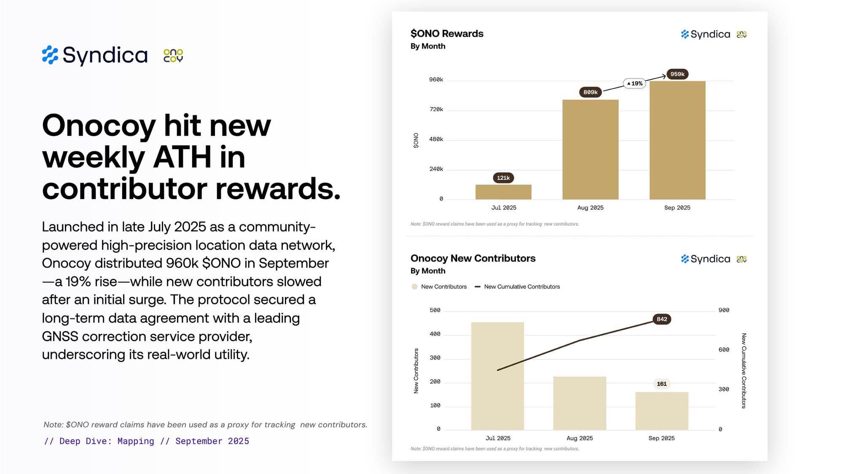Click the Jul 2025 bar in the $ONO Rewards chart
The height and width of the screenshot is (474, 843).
503,192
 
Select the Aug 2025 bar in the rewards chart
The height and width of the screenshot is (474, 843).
590,150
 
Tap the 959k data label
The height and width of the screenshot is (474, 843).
677,74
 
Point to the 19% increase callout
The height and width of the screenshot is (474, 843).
634,83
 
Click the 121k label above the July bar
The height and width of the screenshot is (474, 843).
503,178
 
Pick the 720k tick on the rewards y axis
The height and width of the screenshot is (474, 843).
436,110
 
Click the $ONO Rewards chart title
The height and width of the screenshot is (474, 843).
447,34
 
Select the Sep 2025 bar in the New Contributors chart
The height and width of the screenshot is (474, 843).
662,411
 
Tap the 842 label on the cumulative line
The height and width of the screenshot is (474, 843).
662,319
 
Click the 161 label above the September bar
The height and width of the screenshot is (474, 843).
662,384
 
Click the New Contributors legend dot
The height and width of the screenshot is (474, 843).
414,287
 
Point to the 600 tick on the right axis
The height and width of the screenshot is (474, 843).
724,350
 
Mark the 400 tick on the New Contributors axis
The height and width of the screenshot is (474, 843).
435,334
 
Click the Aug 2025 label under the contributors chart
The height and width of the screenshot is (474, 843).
580,438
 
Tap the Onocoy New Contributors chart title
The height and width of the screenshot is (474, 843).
473,258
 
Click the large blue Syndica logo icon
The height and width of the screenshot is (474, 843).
50,55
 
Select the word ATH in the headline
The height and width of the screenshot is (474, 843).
182,157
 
